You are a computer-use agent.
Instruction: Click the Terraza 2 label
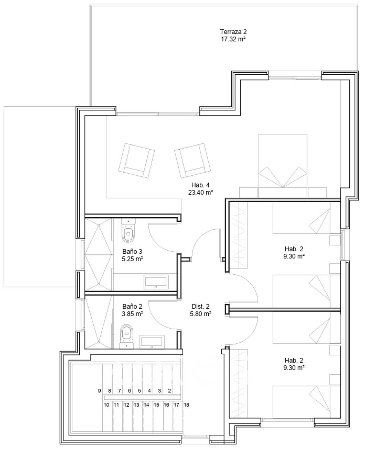coord(233,32)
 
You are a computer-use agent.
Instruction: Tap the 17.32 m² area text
coord(233,39)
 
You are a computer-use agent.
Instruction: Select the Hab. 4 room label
coord(200,185)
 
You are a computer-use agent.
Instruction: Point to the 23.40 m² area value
coord(200,193)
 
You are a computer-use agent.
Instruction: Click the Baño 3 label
coord(132,251)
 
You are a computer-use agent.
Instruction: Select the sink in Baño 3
coord(156,282)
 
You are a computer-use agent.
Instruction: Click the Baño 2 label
coord(132,306)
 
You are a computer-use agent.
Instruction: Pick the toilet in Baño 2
coord(127,337)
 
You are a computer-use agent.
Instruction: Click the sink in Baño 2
coord(152,342)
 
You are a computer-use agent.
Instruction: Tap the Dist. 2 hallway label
coord(200,306)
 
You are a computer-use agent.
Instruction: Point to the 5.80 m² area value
coord(200,314)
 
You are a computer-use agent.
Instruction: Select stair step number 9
coord(99,391)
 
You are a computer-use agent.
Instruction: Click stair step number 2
coord(169,391)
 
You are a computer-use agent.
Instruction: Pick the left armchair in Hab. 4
coord(136,161)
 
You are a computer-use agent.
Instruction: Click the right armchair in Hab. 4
coord(192,161)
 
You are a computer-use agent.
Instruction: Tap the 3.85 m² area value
coord(132,314)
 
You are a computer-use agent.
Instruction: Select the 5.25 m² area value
coord(132,259)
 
